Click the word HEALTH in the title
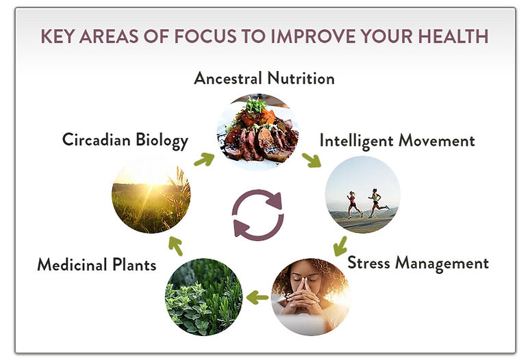(x=453, y=36)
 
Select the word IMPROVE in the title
(x=313, y=36)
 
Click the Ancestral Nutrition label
(x=264, y=79)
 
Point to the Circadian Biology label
(x=125, y=140)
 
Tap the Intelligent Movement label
(x=397, y=140)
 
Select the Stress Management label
(x=418, y=263)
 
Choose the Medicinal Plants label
(x=97, y=264)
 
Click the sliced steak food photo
(x=257, y=132)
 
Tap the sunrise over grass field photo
(x=151, y=194)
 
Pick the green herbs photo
(x=203, y=297)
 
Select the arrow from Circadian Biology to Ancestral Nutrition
(x=204, y=159)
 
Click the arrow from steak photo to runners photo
(x=312, y=160)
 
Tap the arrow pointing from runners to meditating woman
(x=340, y=246)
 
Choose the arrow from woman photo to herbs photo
(x=257, y=297)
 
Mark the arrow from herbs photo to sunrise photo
(x=175, y=246)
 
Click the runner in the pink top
(x=353, y=205)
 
